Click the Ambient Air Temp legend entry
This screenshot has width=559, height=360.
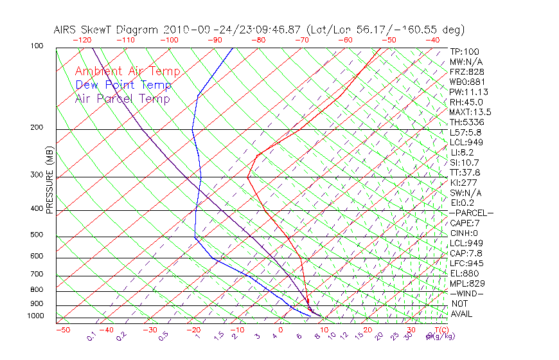click(127, 71)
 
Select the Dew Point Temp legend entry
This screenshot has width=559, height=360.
click(123, 85)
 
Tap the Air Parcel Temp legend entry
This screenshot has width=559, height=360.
click(122, 98)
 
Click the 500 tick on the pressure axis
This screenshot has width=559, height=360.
click(36, 235)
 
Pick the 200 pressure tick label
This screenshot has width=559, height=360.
click(36, 128)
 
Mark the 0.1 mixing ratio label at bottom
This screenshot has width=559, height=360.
click(91, 336)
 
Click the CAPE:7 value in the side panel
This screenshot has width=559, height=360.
click(465, 223)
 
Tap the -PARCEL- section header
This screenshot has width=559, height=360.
click(471, 213)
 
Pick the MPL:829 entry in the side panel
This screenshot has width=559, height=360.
click(466, 283)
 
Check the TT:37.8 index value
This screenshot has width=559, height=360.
click(465, 172)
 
